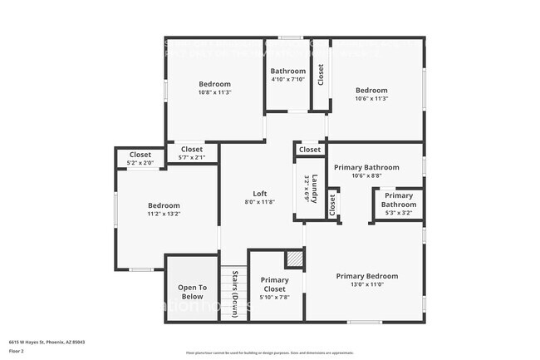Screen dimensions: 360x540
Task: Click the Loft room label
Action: click(259, 193)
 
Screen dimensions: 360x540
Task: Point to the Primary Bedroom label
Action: click(366, 276)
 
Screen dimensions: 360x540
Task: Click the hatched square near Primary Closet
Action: click(294, 259)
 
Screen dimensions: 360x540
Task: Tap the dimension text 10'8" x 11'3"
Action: click(214, 92)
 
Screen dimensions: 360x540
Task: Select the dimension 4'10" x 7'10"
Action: click(287, 80)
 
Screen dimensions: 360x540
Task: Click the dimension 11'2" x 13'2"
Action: click(164, 214)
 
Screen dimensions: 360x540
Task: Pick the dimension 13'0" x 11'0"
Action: click(366, 284)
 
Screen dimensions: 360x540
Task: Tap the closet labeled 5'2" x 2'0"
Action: click(140, 163)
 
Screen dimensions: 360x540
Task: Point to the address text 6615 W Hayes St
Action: click(47, 341)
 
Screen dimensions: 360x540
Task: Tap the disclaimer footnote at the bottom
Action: click(269, 353)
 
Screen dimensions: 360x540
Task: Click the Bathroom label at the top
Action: click(287, 72)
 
